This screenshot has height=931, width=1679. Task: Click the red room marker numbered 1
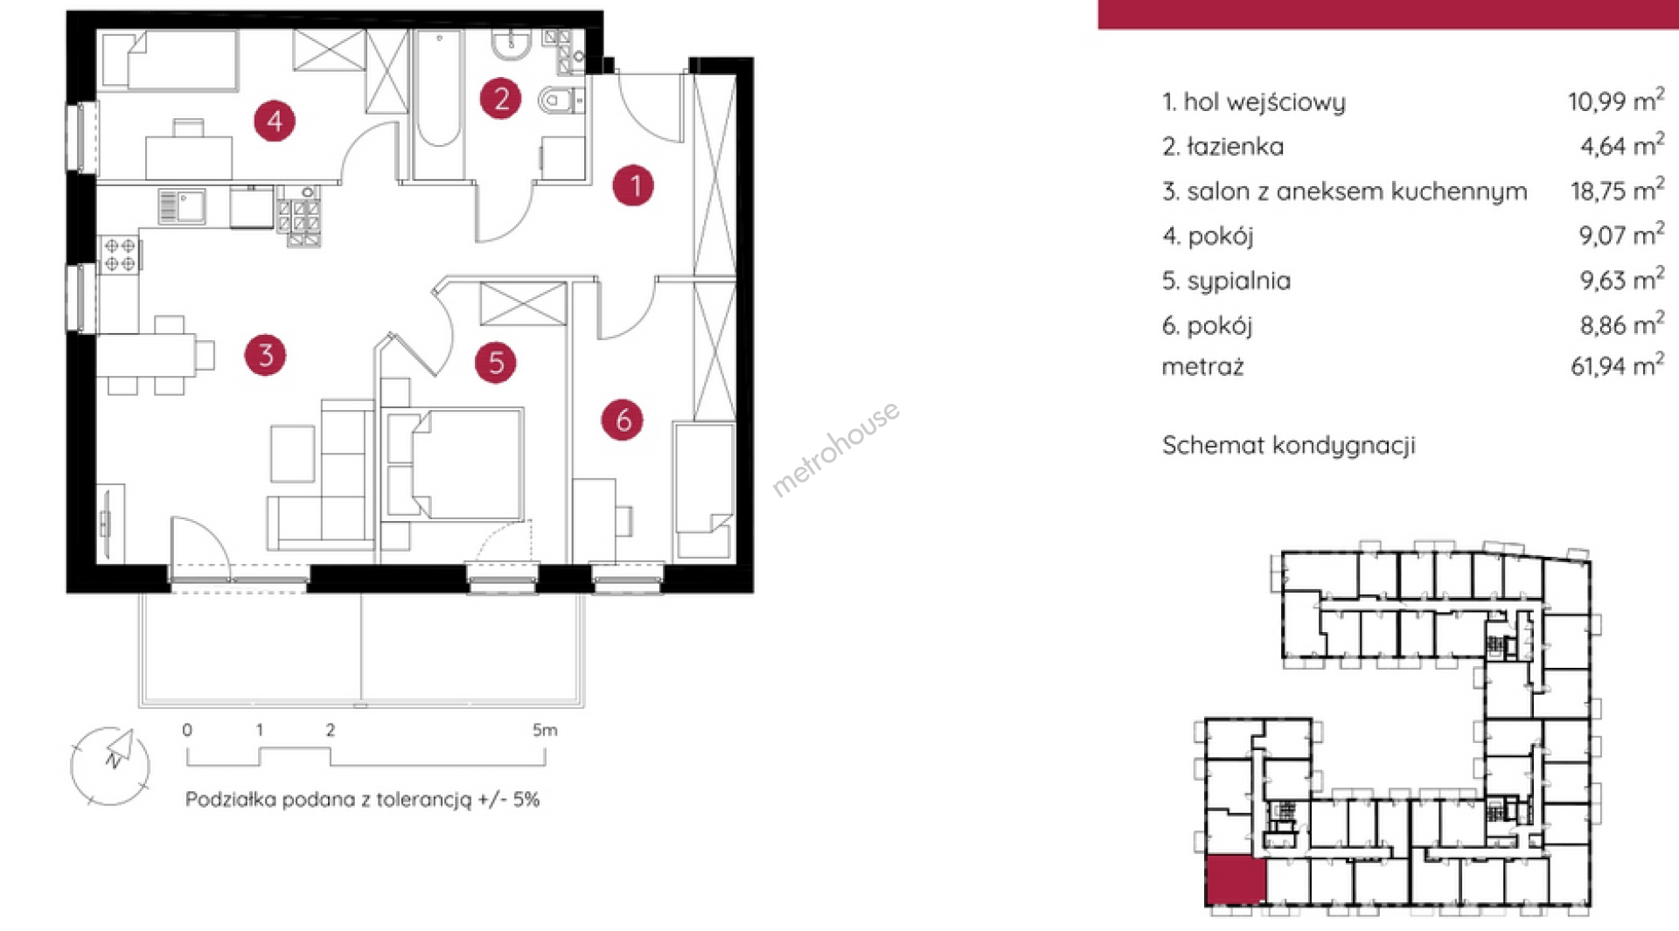coord(633,185)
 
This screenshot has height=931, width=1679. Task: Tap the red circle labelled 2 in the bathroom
coord(500,98)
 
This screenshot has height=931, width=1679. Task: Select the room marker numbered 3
coord(265,355)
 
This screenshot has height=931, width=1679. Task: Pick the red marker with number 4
coord(275,121)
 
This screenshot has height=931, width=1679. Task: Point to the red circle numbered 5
coord(495,362)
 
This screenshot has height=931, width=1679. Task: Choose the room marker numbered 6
coord(623,420)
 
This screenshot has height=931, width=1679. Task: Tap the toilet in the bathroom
coord(559,101)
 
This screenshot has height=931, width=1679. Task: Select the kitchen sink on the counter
coord(182,207)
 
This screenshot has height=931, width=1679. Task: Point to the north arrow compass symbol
coord(110,766)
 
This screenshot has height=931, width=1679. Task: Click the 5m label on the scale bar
coord(544,730)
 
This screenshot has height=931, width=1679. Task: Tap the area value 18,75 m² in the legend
coord(1617,190)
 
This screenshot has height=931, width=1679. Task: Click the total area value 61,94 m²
coord(1617,365)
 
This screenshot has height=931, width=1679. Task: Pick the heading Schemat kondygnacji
coord(1288,446)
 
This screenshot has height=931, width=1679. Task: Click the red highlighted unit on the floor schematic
coord(1236,880)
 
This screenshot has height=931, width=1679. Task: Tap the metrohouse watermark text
coord(835,448)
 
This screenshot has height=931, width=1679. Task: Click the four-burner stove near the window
coord(120,254)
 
